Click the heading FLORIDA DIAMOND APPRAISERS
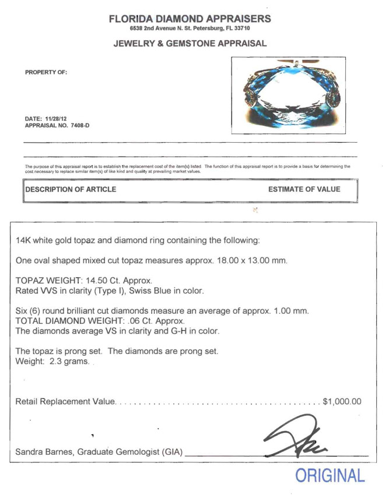coord(190,19)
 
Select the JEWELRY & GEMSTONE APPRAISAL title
coord(190,43)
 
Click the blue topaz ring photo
coord(288,96)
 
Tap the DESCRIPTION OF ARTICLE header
coord(71,189)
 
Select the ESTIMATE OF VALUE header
coord(304,189)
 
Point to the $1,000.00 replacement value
coord(342,401)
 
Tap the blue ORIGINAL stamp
coord(330,475)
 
